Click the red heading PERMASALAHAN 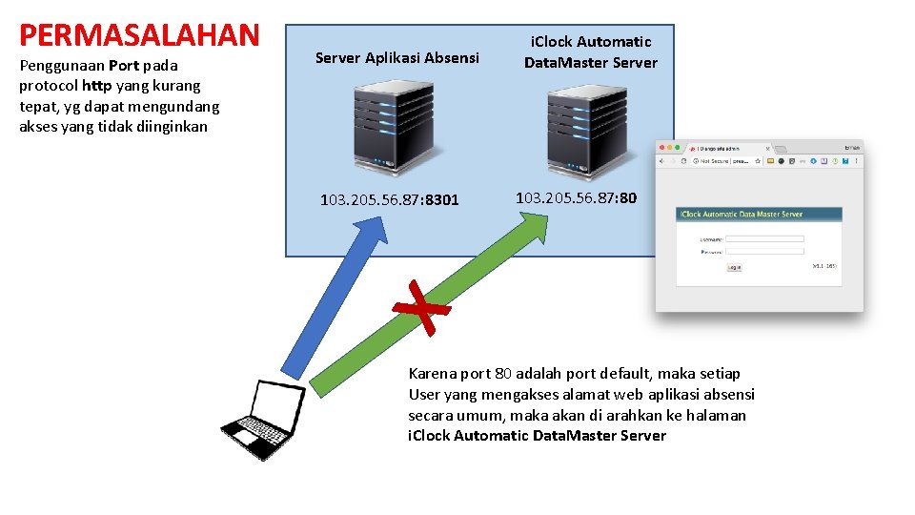coord(139,35)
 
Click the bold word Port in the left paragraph coord(124,66)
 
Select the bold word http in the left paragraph coord(95,86)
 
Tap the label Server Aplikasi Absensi coord(396,58)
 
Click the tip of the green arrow coord(545,218)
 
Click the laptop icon coord(256,421)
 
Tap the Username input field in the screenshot coord(764,238)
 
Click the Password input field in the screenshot coord(764,252)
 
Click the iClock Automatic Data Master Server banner coord(759,215)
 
